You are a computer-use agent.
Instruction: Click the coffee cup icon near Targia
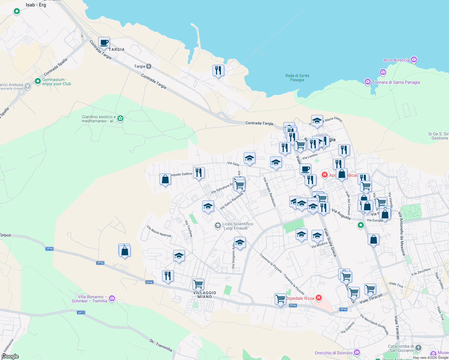coord(104,43)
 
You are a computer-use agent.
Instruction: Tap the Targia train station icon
coord(149,66)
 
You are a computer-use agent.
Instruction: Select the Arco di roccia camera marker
coord(414,60)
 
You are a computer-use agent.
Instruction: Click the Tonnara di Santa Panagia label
coord(396,82)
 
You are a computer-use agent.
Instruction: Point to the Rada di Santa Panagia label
coord(297,78)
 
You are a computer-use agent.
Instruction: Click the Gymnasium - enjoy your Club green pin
coord(38,81)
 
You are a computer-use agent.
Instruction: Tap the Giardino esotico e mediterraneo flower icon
coord(120,118)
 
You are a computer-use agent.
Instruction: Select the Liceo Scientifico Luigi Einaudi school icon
coord(218,226)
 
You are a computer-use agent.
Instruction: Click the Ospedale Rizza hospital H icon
coord(319,298)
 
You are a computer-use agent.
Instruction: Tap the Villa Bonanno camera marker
coord(112,298)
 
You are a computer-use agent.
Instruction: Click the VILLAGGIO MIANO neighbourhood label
coord(205,295)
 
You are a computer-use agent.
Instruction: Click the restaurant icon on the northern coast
coord(218,70)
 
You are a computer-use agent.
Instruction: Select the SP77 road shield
coord(81,313)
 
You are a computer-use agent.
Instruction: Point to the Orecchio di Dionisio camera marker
coord(357,352)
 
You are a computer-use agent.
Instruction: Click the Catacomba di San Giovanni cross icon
coord(418,348)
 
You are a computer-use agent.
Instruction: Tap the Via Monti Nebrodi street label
coord(159,231)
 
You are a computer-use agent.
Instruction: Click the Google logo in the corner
coord(10,356)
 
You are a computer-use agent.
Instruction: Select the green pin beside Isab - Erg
coord(17,11)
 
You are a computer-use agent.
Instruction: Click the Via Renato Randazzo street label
coord(270,192)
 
